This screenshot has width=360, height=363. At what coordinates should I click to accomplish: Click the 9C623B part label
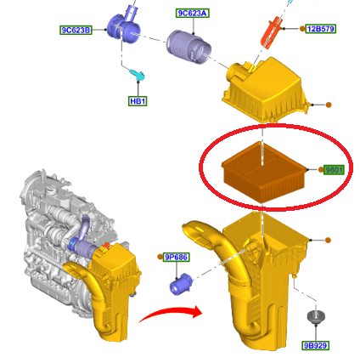[76, 30]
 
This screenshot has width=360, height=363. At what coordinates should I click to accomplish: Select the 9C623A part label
[193, 13]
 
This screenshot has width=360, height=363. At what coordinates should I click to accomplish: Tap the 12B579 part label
[321, 29]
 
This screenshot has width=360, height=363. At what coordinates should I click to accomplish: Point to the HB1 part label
[138, 101]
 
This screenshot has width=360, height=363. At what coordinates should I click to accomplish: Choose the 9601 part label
[334, 170]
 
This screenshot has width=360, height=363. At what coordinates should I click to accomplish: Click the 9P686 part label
[177, 257]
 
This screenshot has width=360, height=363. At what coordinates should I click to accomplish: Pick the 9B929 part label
[315, 346]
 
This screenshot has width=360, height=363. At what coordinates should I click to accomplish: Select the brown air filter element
[264, 172]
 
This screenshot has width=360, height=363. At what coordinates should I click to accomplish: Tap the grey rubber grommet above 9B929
[316, 317]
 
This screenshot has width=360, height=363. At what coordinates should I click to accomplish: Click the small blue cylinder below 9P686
[181, 284]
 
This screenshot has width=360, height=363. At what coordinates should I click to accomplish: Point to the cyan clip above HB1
[138, 75]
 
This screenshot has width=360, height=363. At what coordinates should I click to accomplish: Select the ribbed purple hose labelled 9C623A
[188, 47]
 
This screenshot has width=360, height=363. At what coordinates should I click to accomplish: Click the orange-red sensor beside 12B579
[271, 32]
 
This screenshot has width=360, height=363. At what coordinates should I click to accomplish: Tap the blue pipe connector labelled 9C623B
[125, 26]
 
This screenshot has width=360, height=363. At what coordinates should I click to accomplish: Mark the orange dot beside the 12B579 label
[302, 29]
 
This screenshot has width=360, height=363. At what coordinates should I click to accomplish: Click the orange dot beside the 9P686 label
[160, 257]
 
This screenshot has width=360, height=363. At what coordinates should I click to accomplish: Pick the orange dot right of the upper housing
[329, 105]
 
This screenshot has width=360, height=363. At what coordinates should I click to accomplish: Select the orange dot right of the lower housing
[328, 241]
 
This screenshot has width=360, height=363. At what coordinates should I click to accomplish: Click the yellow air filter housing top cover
[265, 90]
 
